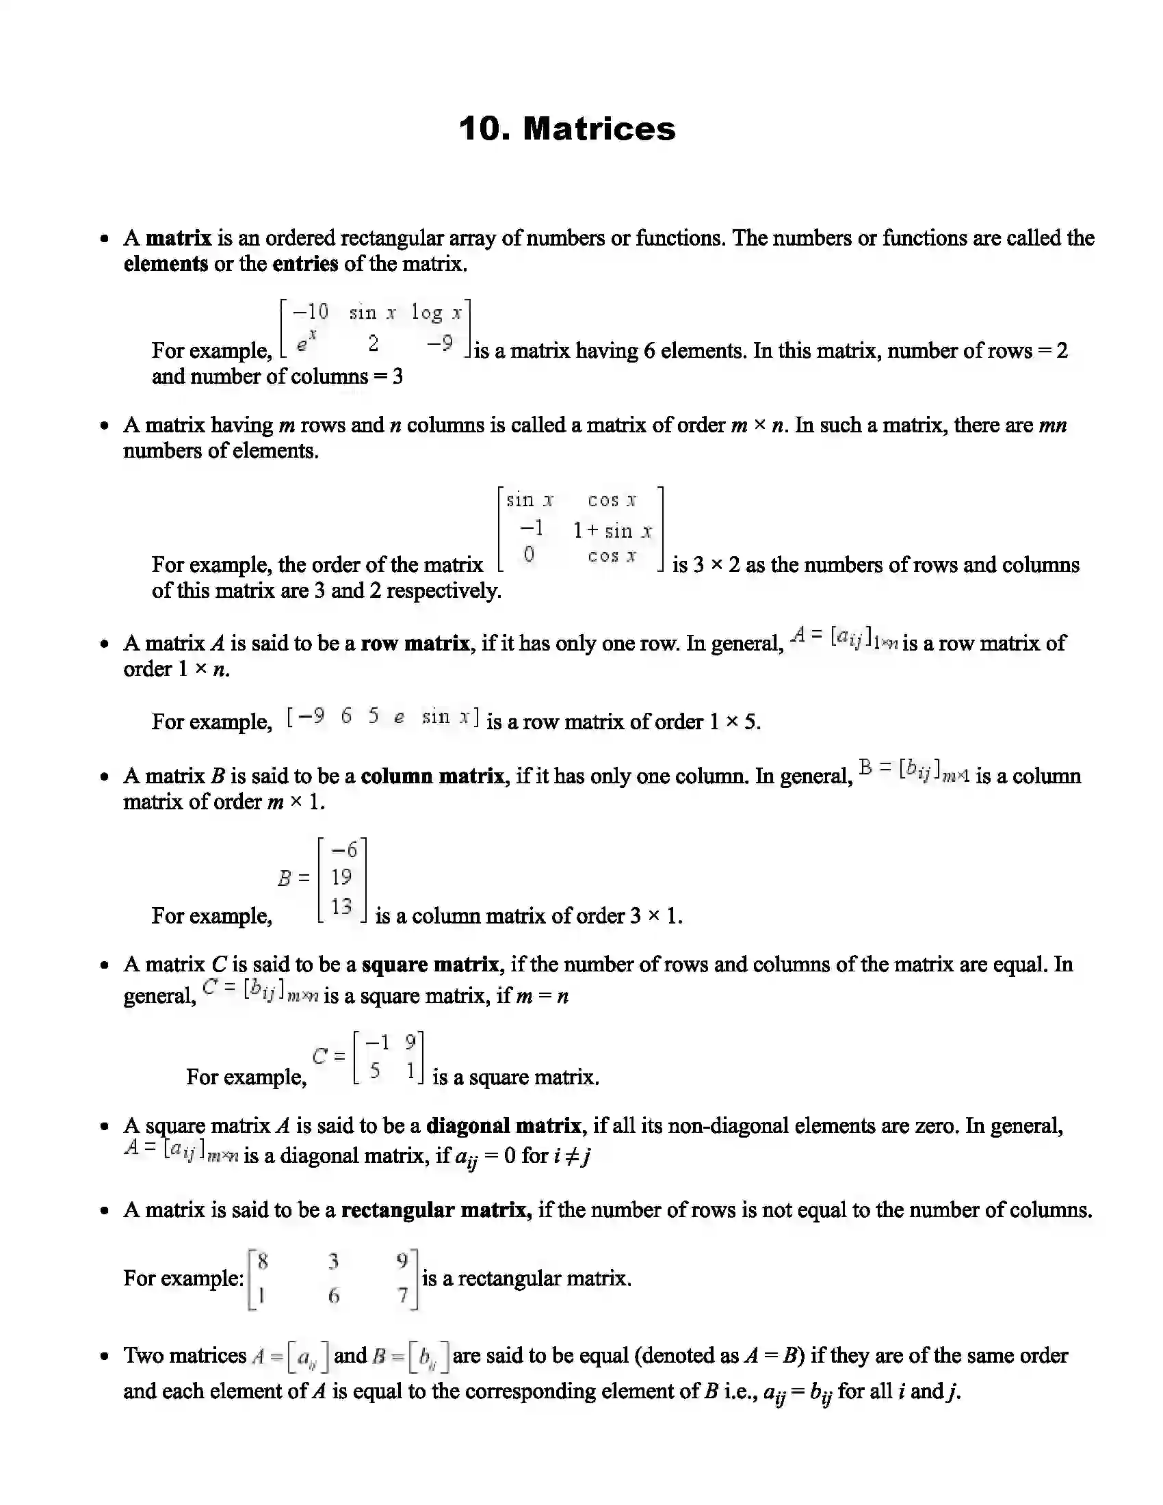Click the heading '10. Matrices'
pyautogui.click(x=567, y=129)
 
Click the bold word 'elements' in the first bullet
pyautogui.click(x=166, y=264)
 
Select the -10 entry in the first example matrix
pyautogui.click(x=311, y=312)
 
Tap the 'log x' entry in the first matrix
pyautogui.click(x=436, y=313)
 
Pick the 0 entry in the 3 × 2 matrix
pyautogui.click(x=528, y=554)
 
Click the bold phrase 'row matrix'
pyautogui.click(x=415, y=644)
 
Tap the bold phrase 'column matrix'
pyautogui.click(x=432, y=776)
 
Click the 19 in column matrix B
pyautogui.click(x=341, y=877)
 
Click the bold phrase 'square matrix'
pyautogui.click(x=430, y=964)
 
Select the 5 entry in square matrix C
pyautogui.click(x=375, y=1071)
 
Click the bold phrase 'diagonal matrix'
pyautogui.click(x=504, y=1126)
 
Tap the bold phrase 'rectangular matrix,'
pyautogui.click(x=436, y=1210)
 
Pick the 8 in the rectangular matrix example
pyautogui.click(x=263, y=1261)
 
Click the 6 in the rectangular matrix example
pyautogui.click(x=333, y=1296)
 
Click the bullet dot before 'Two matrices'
pyautogui.click(x=104, y=1356)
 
